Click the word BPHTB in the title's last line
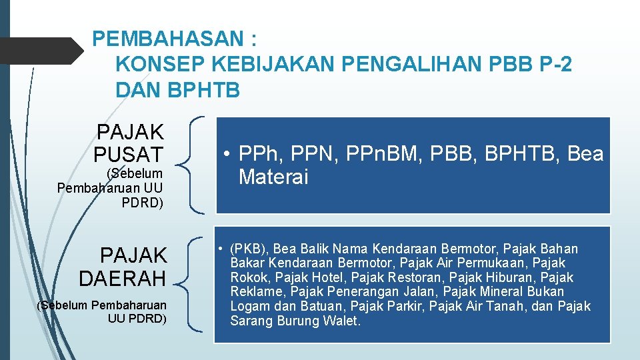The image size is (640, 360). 204,90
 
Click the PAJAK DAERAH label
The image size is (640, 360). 123,265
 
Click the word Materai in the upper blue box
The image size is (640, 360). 273,177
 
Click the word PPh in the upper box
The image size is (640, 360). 259,155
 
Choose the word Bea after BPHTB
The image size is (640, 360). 585,155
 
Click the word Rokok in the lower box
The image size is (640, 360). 249,278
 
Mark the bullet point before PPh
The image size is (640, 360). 227,155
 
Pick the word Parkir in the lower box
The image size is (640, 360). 405,307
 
